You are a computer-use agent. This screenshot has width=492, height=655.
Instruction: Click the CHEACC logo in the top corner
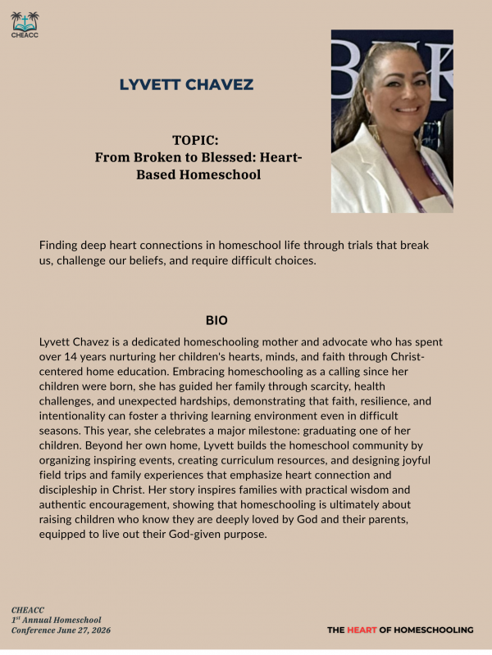coord(25,25)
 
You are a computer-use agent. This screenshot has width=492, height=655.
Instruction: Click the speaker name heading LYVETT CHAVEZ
coord(186,84)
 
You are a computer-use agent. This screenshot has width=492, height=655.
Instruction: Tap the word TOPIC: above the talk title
coord(194,140)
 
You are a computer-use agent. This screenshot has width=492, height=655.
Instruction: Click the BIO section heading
coord(216,319)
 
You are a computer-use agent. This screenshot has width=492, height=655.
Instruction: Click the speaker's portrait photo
coord(392,121)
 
